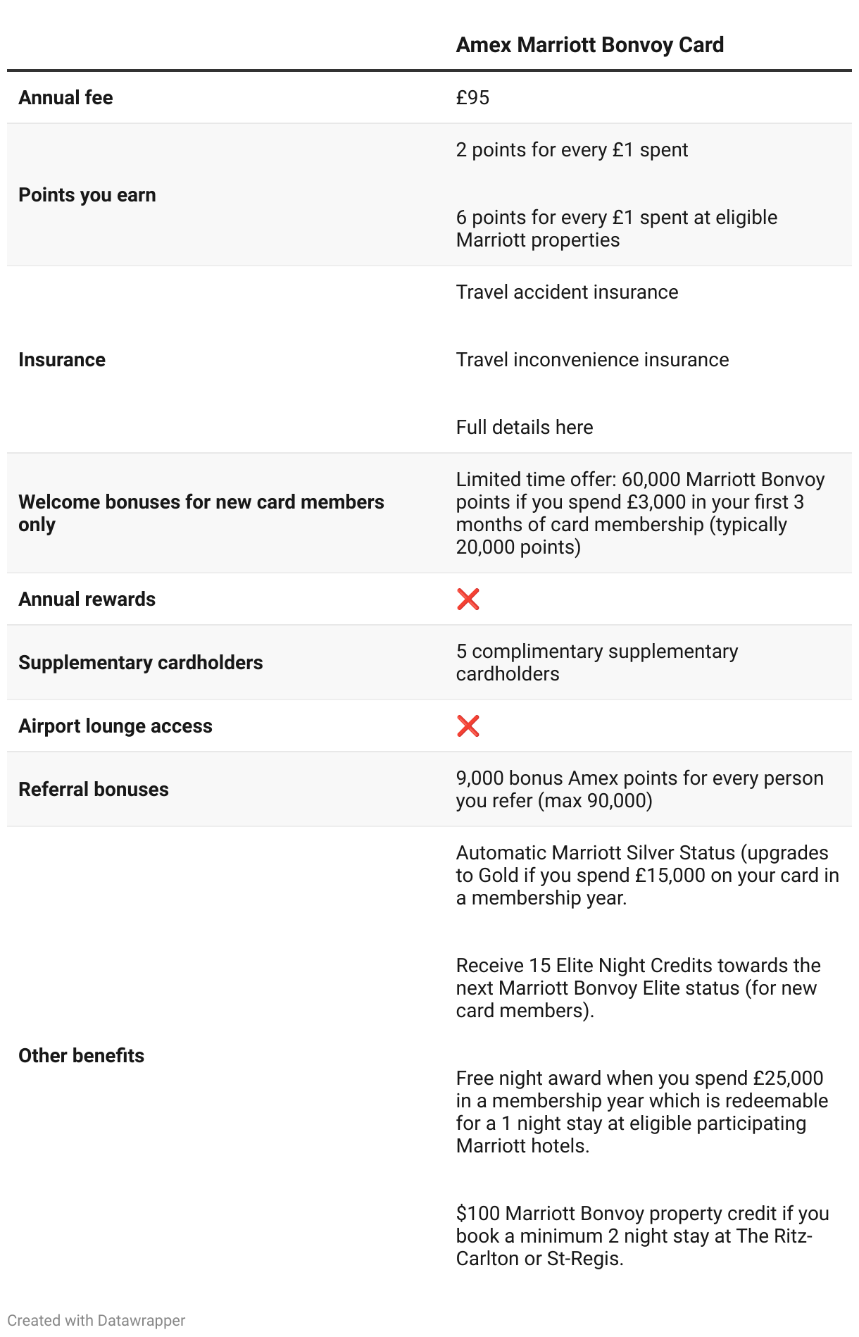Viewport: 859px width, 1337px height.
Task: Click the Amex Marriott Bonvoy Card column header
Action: click(x=589, y=45)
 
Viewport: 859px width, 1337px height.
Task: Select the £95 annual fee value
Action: click(x=472, y=98)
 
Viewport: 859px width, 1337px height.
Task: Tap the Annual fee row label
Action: click(x=65, y=98)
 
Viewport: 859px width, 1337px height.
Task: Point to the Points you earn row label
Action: click(x=87, y=195)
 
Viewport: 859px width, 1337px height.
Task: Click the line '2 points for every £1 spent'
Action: click(x=572, y=150)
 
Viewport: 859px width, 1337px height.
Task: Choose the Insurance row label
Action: click(x=62, y=360)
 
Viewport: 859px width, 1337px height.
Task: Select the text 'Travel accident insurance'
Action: click(x=567, y=292)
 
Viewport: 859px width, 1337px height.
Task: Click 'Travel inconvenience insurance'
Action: click(x=592, y=360)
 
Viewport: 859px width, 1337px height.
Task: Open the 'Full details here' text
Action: click(x=524, y=428)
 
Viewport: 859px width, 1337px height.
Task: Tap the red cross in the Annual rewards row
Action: click(x=468, y=599)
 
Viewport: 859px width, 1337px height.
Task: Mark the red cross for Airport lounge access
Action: click(x=468, y=726)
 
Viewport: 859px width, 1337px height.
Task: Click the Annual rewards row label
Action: click(x=87, y=599)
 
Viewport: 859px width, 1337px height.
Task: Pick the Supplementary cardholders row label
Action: click(x=140, y=663)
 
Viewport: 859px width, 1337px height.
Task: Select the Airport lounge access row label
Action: click(x=115, y=726)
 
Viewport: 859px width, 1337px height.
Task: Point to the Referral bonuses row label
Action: click(x=93, y=790)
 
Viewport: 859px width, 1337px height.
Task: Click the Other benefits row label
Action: click(x=81, y=1056)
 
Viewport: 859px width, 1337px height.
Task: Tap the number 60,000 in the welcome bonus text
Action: click(x=651, y=480)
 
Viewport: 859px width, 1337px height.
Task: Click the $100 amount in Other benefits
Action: click(x=478, y=1214)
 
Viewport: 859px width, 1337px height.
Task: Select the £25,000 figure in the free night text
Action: click(x=788, y=1078)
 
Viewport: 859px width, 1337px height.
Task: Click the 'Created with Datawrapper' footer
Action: click(x=96, y=1321)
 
